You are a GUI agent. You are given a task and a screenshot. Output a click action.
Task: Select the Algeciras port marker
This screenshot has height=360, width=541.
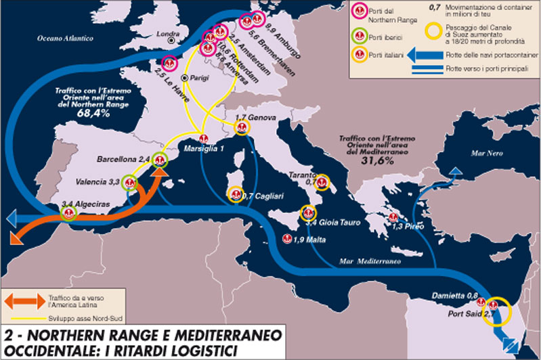point(67,213)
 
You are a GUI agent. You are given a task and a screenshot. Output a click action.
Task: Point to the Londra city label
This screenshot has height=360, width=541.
point(167,33)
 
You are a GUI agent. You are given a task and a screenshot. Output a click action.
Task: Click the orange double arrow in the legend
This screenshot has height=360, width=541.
point(24,298)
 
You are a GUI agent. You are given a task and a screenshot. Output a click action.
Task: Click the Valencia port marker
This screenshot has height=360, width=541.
point(131,183)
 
